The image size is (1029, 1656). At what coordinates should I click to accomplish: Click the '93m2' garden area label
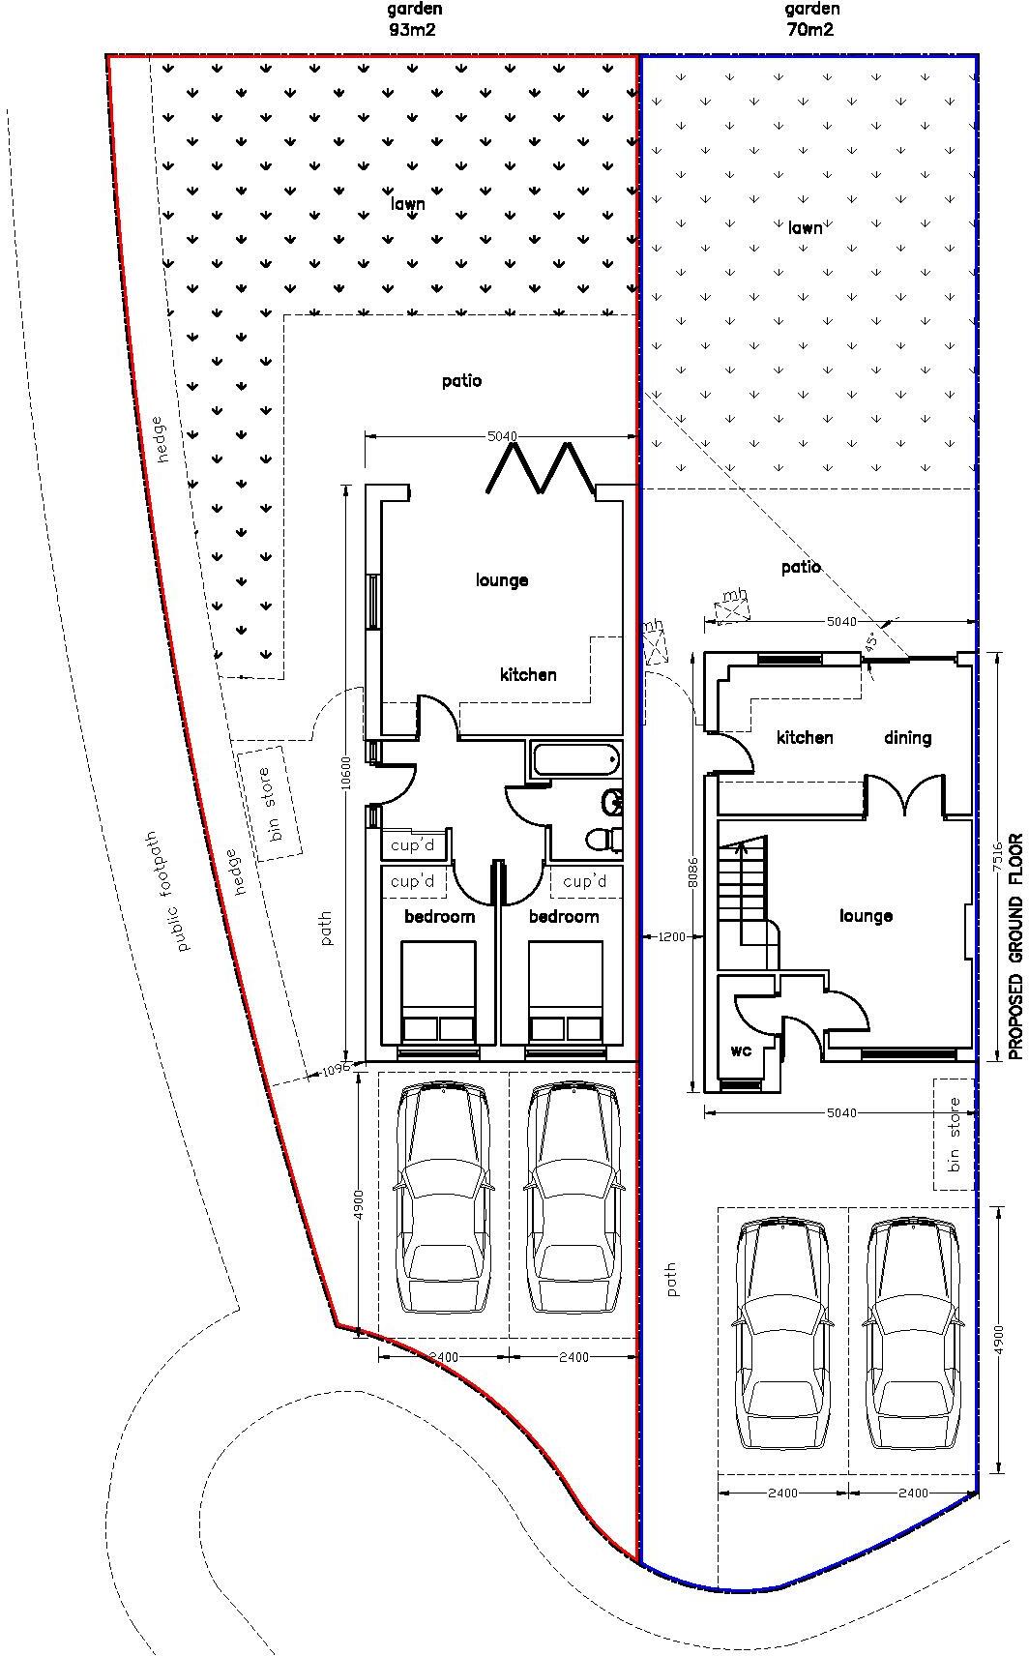[x=413, y=29]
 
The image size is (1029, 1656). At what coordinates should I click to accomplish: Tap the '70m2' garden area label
[x=810, y=29]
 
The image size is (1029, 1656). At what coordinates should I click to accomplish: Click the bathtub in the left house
[x=575, y=759]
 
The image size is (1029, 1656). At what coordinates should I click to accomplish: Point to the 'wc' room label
[x=741, y=1050]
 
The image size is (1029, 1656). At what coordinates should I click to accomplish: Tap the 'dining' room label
[x=907, y=738]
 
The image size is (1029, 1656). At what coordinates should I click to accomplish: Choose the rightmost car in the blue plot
[x=914, y=1335]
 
